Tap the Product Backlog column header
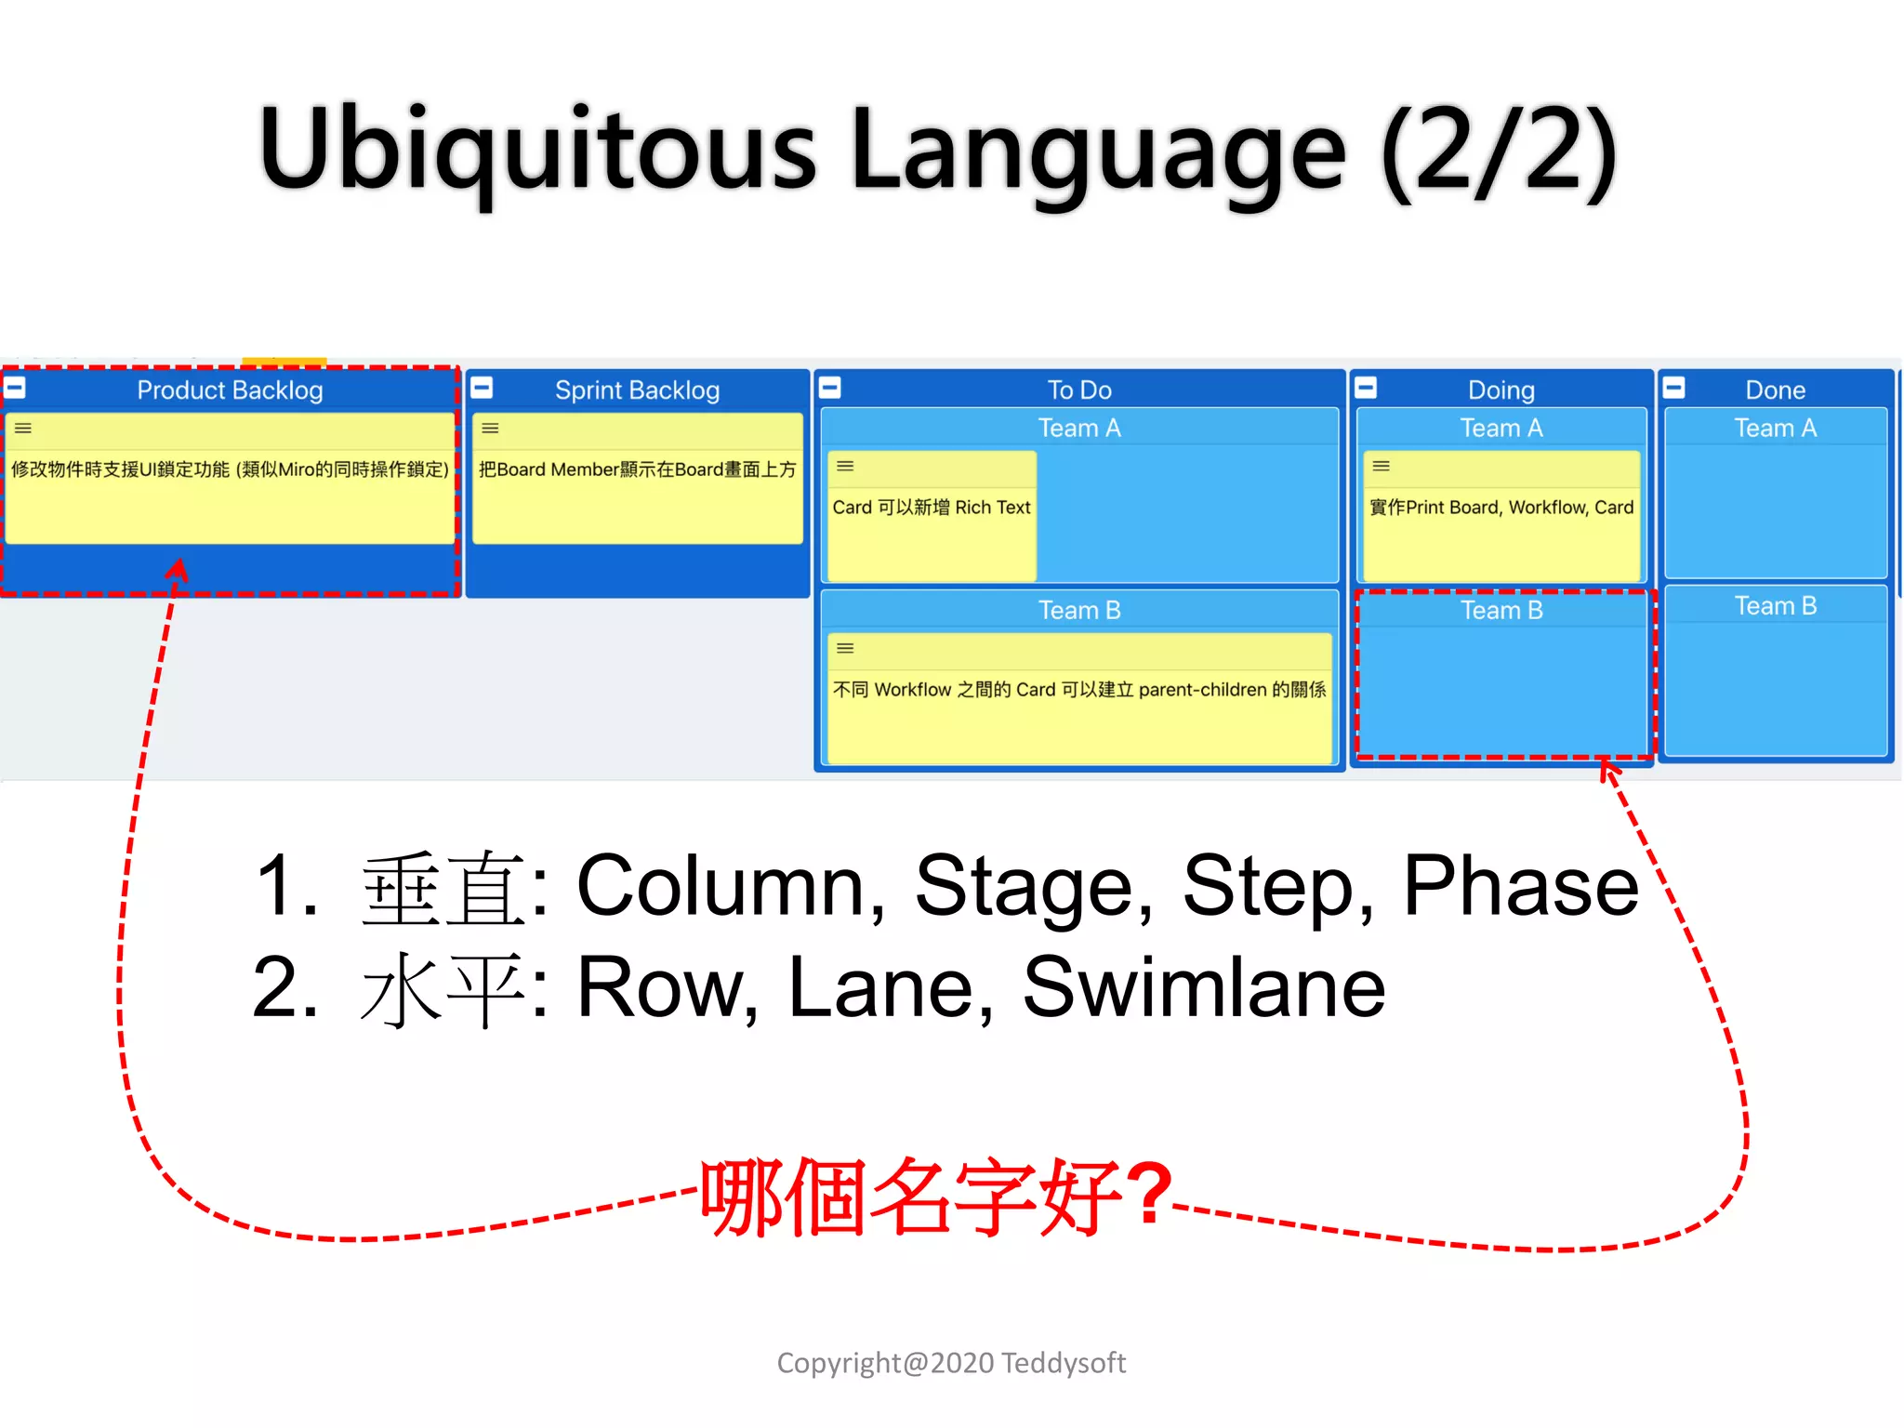[230, 390]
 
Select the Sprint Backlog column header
[637, 390]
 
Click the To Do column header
[1078, 390]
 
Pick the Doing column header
[1501, 390]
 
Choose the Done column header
[1775, 390]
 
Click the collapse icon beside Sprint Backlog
[482, 388]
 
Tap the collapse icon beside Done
[1673, 388]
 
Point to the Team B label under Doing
[1501, 610]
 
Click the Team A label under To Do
[1078, 428]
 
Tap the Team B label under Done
[1775, 606]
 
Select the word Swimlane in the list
[1203, 987]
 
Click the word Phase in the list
[1520, 886]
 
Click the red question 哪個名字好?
[934, 1197]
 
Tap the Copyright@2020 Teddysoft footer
[950, 1363]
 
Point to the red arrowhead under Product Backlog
[177, 569]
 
